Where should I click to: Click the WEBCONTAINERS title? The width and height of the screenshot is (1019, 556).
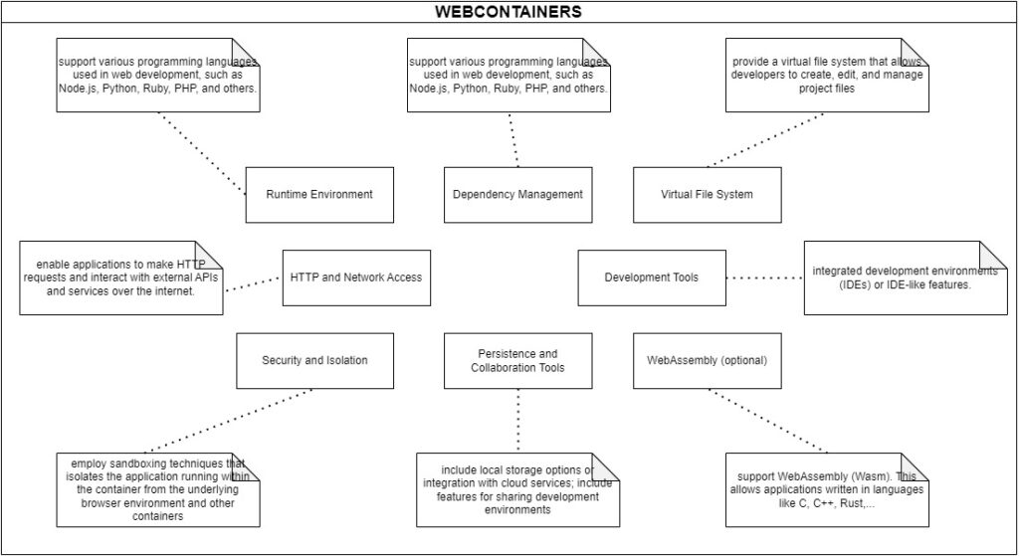tap(509, 12)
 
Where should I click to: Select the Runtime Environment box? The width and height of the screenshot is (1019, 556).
tap(319, 194)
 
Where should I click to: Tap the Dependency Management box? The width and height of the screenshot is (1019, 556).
tap(517, 194)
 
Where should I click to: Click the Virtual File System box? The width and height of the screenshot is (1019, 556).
tap(707, 194)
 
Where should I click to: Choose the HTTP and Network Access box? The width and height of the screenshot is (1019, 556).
tap(356, 278)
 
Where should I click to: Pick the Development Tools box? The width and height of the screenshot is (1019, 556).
tap(652, 278)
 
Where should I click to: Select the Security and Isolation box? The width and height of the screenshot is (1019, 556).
tap(313, 360)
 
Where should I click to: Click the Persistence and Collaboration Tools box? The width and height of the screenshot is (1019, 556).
tap(517, 360)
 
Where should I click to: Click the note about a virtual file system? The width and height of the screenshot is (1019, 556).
tap(827, 75)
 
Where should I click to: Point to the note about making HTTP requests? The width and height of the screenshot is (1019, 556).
tap(120, 278)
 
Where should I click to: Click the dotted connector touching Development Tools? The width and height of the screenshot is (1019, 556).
tap(764, 278)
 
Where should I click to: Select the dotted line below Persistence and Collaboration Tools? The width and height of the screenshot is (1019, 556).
tap(518, 420)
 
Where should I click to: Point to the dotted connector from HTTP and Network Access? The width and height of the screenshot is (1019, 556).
tap(253, 283)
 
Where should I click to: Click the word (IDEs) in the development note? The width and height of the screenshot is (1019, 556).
tap(834, 285)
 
